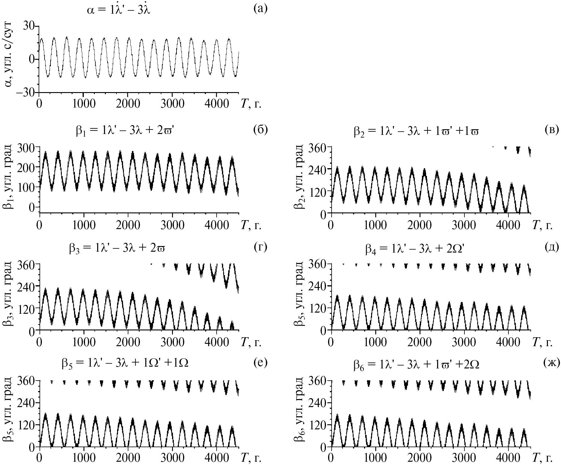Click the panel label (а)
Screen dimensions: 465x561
point(260,9)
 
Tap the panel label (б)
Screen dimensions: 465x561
point(260,130)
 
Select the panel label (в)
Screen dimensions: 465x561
point(552,130)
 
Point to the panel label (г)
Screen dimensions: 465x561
point(261,247)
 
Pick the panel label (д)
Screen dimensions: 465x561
point(552,247)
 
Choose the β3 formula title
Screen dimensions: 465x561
point(117,248)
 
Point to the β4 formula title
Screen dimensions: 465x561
point(415,248)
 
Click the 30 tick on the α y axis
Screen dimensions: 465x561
point(29,26)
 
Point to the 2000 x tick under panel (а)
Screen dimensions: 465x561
point(128,104)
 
